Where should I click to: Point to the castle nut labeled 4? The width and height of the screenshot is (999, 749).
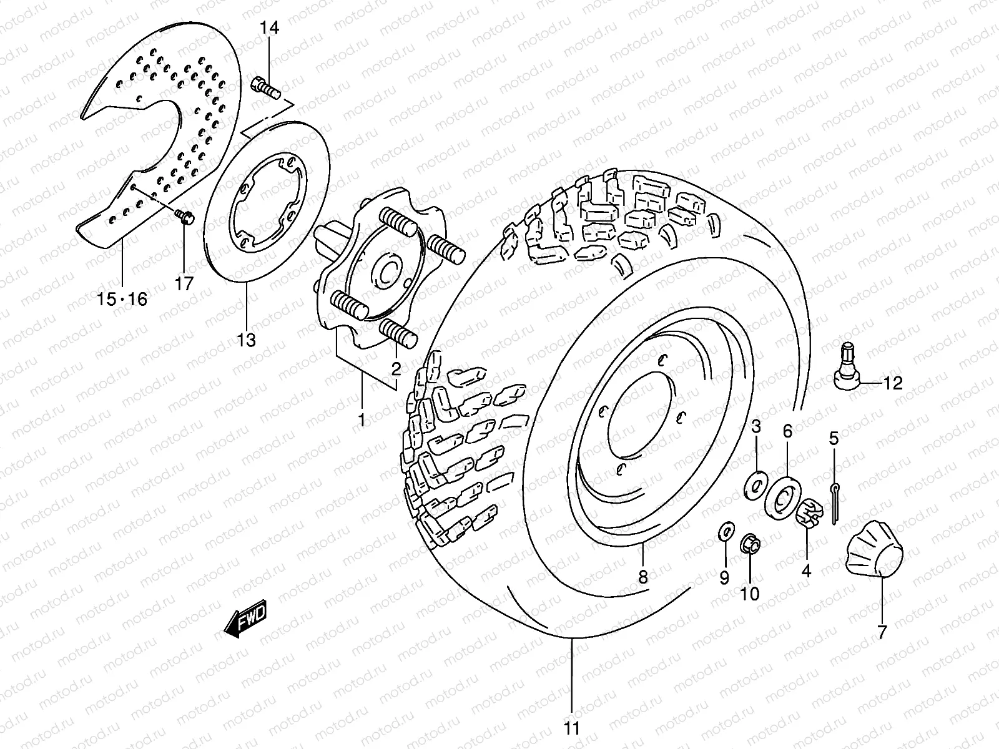(x=808, y=513)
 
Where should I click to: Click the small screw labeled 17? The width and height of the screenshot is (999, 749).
(x=185, y=217)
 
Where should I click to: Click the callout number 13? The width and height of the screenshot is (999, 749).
(x=246, y=340)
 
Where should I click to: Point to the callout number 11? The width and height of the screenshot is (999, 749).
(x=572, y=728)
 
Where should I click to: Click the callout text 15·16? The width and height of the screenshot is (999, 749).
(x=122, y=300)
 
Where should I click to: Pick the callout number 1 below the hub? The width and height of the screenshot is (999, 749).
(x=362, y=420)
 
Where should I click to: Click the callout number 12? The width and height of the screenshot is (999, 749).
(x=893, y=383)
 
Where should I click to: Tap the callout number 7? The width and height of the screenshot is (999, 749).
(x=882, y=633)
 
